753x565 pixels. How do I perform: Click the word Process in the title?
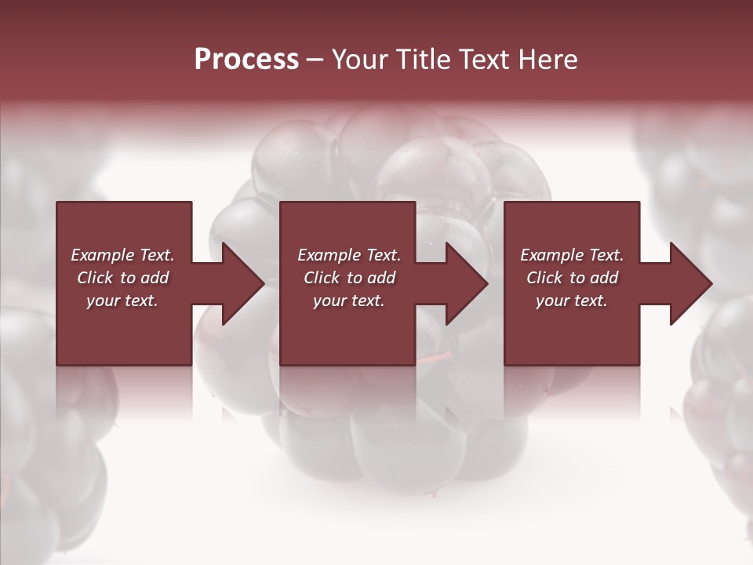246,60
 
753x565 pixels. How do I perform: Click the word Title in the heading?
424,60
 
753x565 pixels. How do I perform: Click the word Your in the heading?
362,60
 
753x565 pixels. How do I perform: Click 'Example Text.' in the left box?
122,255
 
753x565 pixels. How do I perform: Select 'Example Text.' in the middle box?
349,255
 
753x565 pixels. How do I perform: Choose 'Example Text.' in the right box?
572,255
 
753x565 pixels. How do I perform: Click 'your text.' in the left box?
122,301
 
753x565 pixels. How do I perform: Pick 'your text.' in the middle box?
349,301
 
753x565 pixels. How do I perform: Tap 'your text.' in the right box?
572,301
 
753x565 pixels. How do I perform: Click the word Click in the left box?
96,278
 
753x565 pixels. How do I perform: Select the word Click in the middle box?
322,278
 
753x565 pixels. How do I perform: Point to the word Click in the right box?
545,278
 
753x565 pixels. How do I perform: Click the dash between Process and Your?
315,60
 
